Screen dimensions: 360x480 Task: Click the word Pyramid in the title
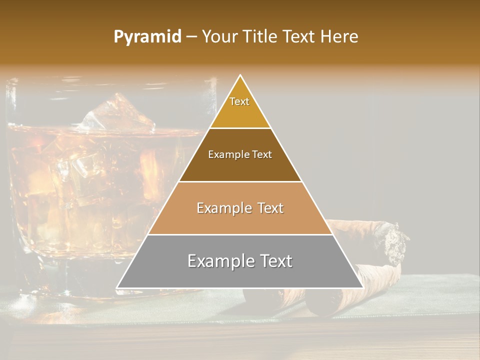[x=147, y=37]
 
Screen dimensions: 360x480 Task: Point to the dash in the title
[x=191, y=37]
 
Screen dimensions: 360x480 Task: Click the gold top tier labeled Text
[x=240, y=107]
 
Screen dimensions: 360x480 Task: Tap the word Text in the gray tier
[x=274, y=261]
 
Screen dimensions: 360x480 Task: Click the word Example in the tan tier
[x=223, y=208]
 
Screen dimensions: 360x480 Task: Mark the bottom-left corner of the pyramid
[x=117, y=287]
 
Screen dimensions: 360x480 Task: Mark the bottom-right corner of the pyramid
[x=362, y=287]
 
